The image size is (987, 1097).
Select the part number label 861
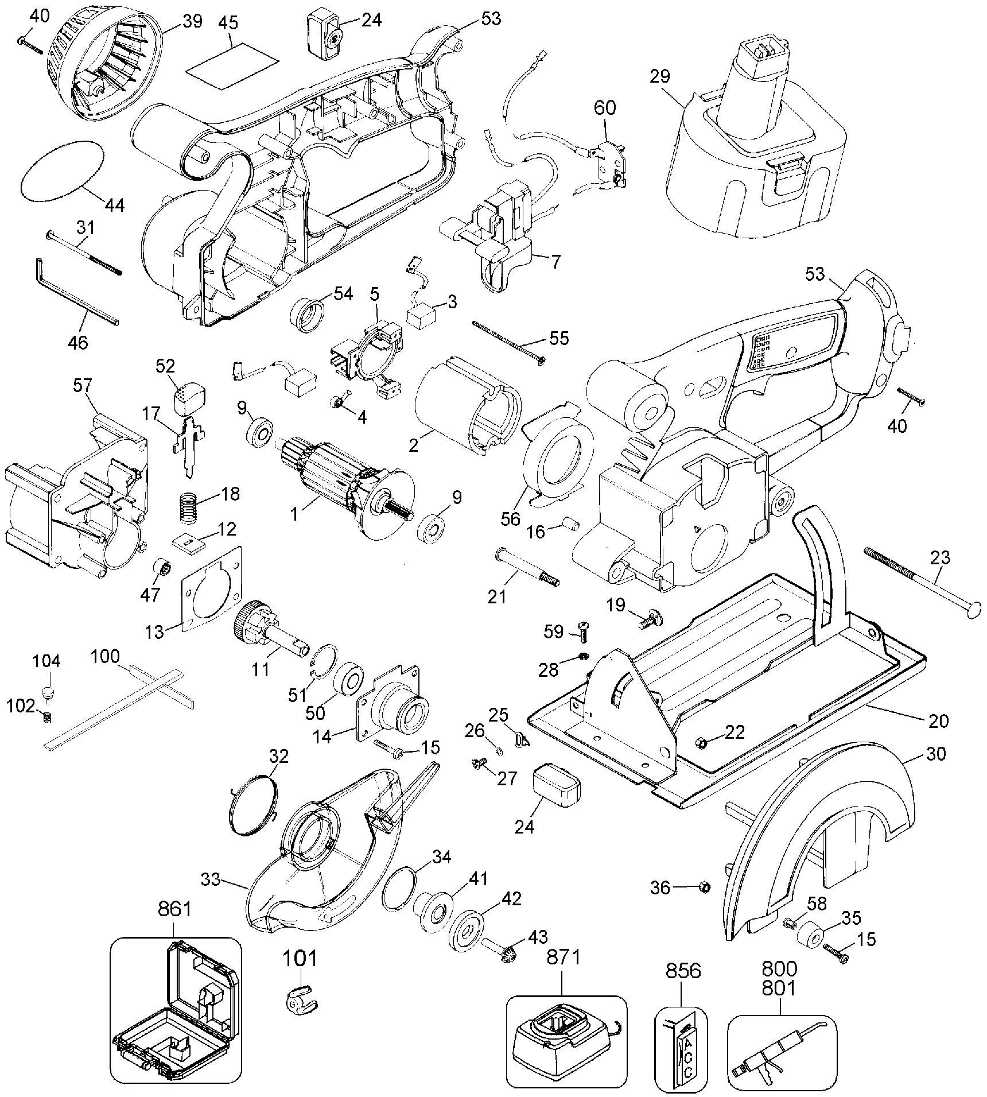coord(174,925)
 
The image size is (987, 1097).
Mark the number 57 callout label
coord(82,385)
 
